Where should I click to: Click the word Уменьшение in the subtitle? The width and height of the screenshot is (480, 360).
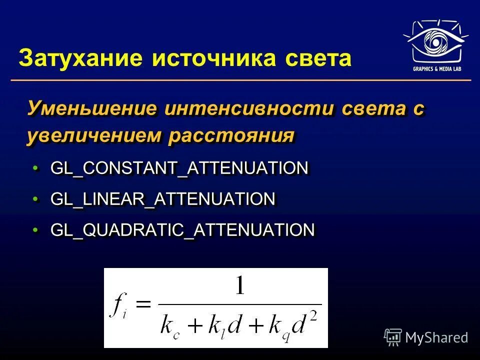click(x=92, y=109)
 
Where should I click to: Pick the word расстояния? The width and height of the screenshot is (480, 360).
click(x=230, y=135)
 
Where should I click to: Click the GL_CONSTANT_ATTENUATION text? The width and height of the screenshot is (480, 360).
click(x=179, y=168)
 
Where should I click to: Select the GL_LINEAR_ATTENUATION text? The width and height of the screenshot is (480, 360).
click(x=162, y=199)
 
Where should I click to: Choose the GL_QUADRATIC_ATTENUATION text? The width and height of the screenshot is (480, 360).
click(x=182, y=230)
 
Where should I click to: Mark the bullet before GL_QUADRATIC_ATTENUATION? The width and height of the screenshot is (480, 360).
click(x=35, y=230)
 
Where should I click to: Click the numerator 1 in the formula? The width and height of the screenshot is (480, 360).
click(x=240, y=287)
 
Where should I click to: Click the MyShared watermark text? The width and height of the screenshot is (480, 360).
click(x=436, y=337)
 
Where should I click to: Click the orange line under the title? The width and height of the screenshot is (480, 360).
click(x=240, y=80)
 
